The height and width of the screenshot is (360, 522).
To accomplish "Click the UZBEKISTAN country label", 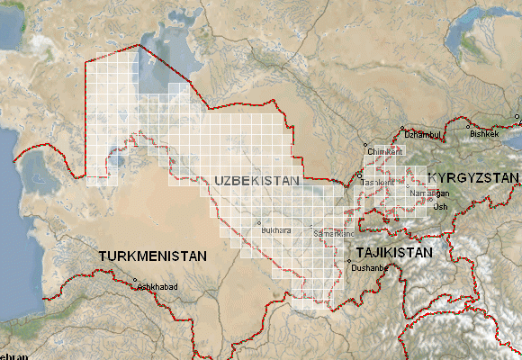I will pos(256,181).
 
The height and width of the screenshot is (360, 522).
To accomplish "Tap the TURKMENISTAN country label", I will pos(153,256).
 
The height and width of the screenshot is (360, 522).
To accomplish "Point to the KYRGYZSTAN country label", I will pos(472,177).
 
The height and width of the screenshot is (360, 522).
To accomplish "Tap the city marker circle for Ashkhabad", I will pos(136,280).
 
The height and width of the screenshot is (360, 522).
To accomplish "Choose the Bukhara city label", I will pos(275,230).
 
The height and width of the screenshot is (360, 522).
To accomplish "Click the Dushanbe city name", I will pos(369,268).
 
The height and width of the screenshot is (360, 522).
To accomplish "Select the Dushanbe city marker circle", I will pos(349,261).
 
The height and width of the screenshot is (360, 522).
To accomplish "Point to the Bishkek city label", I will pos(483,134).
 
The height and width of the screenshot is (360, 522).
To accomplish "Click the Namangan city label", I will pos(428,193).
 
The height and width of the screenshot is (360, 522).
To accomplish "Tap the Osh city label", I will pos(440,207).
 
